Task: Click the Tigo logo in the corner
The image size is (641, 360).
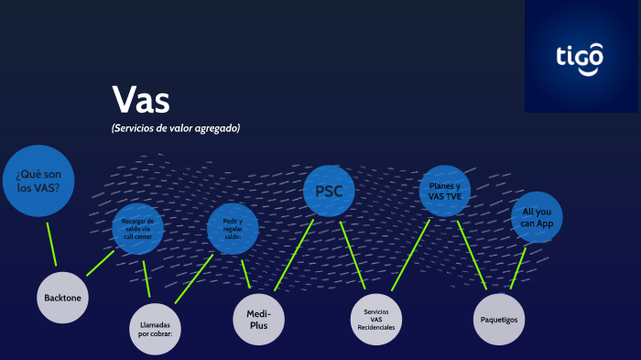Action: [x=581, y=56]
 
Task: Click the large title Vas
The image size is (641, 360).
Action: [x=140, y=99]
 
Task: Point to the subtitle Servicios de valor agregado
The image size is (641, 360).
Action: [x=175, y=128]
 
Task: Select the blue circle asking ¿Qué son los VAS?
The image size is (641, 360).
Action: [x=38, y=180]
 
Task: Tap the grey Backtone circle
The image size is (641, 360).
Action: [x=63, y=297]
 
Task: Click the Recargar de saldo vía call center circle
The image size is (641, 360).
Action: [x=137, y=228]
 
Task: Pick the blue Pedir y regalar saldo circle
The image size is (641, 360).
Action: [x=233, y=228]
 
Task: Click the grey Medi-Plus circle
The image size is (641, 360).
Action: [x=259, y=319]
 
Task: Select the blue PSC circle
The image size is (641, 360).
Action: [x=329, y=191]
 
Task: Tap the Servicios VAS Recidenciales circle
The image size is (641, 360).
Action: [x=377, y=319]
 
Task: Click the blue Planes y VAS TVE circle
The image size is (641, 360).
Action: [x=444, y=191]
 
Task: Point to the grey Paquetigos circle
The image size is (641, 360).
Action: [x=498, y=319]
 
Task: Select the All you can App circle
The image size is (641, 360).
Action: [x=536, y=217]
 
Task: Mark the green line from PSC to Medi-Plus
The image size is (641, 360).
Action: [x=294, y=255]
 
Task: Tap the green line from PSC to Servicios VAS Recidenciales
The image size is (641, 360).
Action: [x=353, y=255]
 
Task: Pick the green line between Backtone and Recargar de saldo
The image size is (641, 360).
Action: [x=100, y=263]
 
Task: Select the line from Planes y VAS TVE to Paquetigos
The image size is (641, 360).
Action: [x=472, y=256]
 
